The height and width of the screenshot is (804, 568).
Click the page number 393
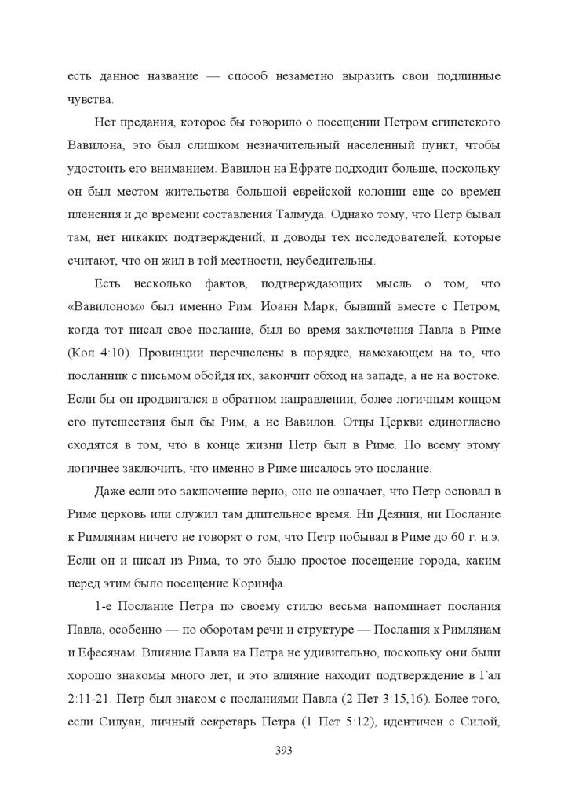click(x=284, y=751)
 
